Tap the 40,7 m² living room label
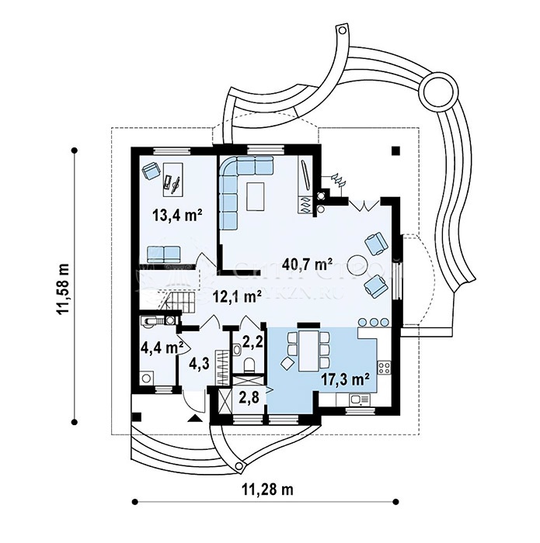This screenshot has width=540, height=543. [308, 265]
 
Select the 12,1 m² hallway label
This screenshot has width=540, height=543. [237, 296]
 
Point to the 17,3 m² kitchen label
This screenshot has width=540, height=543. [345, 379]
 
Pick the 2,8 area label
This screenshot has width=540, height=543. [248, 398]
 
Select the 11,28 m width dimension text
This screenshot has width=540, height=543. [269, 489]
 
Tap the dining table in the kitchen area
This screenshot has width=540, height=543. [309, 351]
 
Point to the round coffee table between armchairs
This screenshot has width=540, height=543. [357, 264]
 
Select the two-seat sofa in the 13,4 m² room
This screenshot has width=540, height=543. [163, 252]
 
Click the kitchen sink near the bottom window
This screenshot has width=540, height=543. [358, 400]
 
